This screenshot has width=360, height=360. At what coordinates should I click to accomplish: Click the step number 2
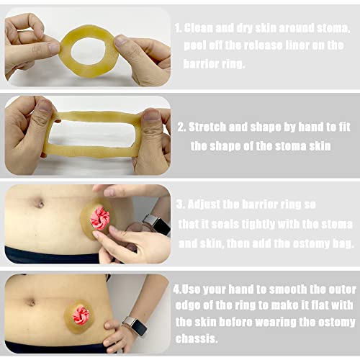point(181,127)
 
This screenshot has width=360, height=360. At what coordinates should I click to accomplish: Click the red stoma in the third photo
point(99,218)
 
